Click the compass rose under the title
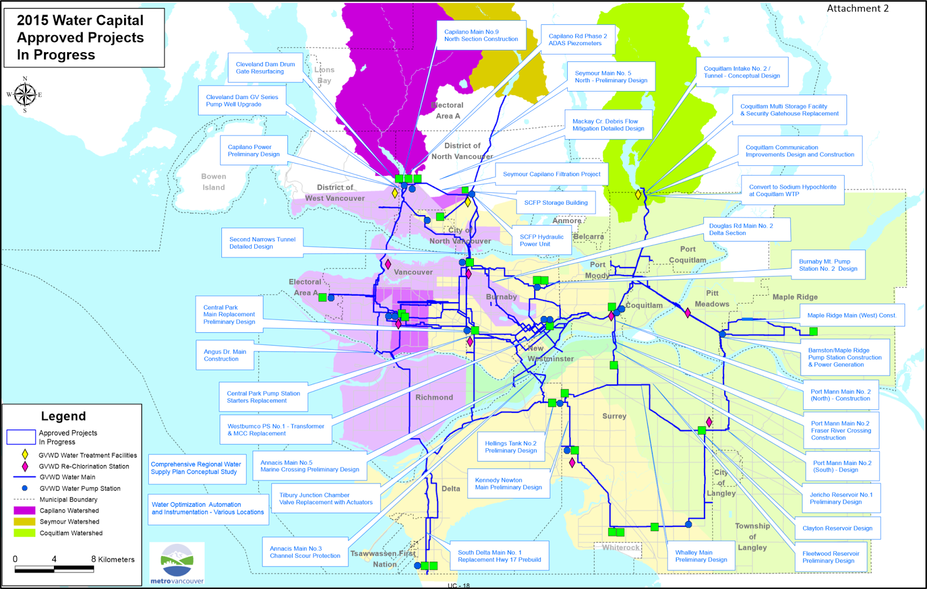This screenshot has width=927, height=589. click(x=24, y=94)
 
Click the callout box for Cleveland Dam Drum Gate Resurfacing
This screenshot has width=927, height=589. click(x=265, y=68)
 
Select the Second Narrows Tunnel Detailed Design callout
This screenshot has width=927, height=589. click(x=262, y=243)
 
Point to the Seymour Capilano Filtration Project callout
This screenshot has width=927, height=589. click(x=552, y=174)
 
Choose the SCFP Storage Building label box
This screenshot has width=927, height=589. click(x=556, y=203)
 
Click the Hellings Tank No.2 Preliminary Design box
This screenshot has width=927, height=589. click(x=510, y=447)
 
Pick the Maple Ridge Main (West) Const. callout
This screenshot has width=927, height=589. click(x=851, y=315)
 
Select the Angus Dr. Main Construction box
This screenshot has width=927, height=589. click(x=225, y=355)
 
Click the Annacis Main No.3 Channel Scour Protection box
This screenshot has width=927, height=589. click(x=305, y=552)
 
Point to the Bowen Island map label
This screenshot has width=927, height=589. click(x=214, y=182)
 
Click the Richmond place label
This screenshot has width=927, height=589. click(x=434, y=398)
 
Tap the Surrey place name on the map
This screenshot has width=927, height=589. click(x=614, y=416)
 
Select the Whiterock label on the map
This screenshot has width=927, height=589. click(x=621, y=547)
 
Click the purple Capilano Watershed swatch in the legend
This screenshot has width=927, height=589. click(x=24, y=511)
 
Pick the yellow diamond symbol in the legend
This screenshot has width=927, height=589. click(x=25, y=455)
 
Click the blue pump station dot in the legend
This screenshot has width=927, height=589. click(x=25, y=488)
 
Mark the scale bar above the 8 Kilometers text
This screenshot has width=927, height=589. click(x=54, y=570)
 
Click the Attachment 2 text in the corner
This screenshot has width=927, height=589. click(x=857, y=9)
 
